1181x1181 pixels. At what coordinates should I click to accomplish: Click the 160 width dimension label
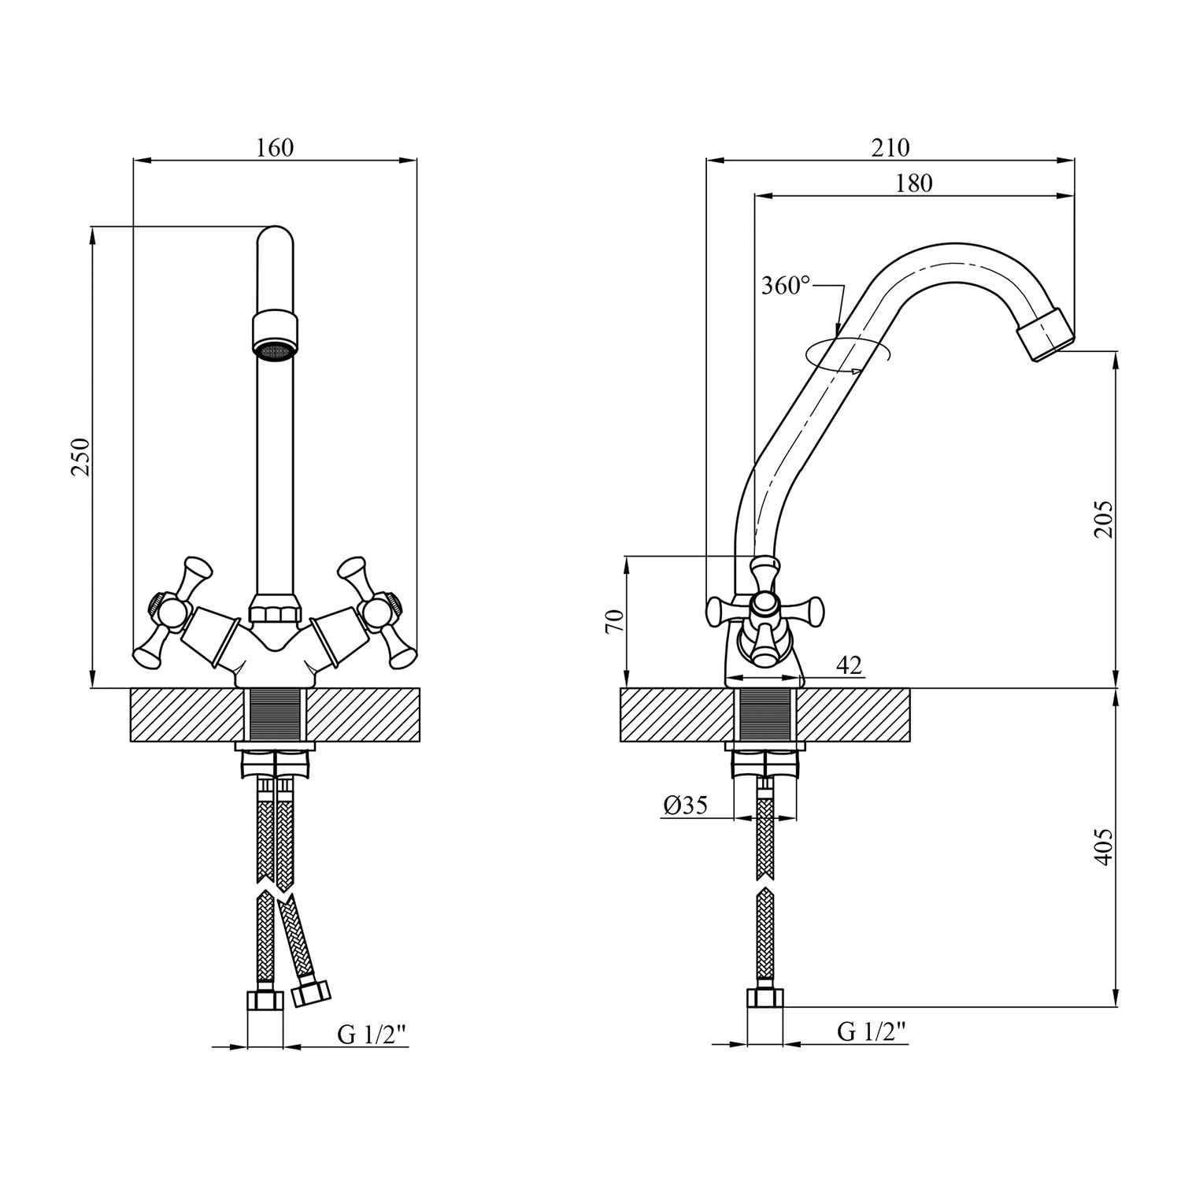click(275, 148)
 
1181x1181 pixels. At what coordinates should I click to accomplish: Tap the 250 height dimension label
click(81, 457)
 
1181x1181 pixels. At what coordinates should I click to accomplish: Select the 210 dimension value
click(890, 148)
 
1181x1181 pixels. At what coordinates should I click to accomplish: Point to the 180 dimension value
click(913, 183)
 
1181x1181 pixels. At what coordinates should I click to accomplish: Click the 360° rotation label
click(785, 286)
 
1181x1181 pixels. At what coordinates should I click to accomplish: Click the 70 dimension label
click(615, 621)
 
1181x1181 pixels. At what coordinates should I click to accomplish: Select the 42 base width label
click(848, 665)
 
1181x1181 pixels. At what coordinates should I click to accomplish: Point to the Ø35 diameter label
click(686, 805)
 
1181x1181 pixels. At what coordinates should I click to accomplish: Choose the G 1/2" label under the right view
click(872, 1031)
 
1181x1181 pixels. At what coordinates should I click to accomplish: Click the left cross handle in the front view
click(172, 609)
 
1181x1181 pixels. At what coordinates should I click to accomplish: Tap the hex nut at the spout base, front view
click(275, 612)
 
